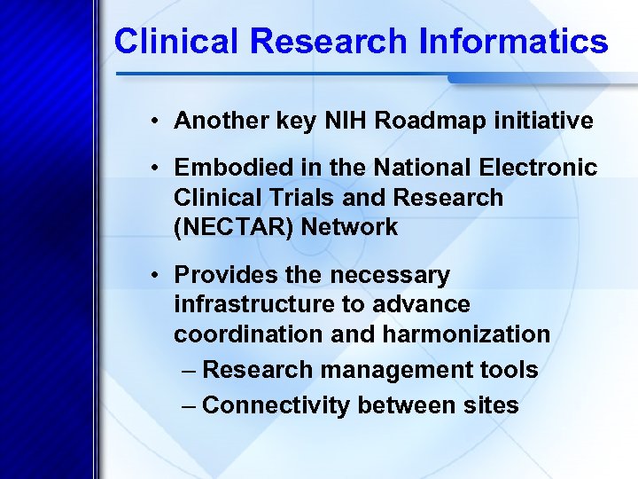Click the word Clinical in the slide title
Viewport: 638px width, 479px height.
coord(171,42)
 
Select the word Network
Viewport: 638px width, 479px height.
coord(349,227)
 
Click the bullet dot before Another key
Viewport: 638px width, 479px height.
coord(154,122)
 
